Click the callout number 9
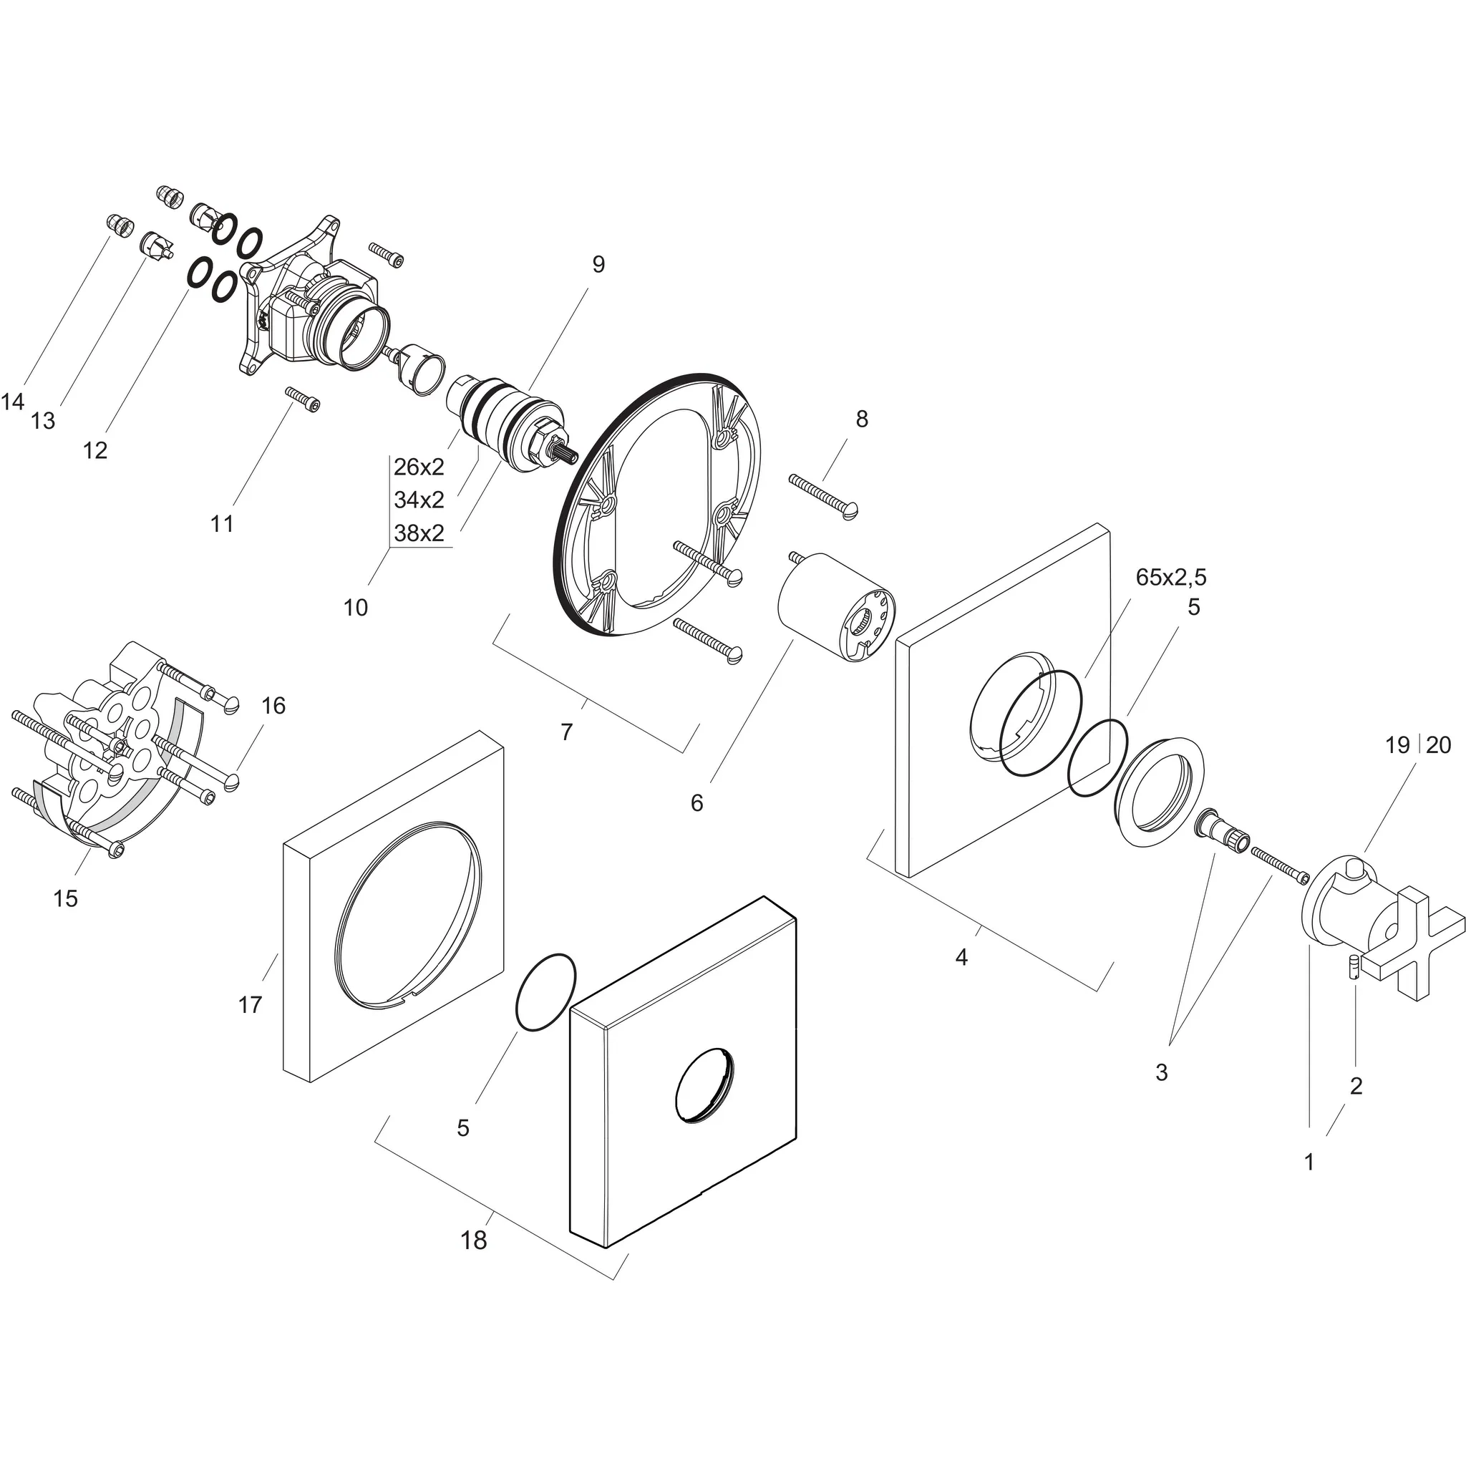coord(598,265)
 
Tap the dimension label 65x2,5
coord(1171,578)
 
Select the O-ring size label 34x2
coord(419,500)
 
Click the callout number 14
coord(13,402)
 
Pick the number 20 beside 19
coord(1438,746)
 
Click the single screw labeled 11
coord(302,399)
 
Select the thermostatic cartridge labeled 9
coord(516,427)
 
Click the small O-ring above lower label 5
coord(545,991)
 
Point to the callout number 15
coord(65,898)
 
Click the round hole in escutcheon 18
coord(706,1084)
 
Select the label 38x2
coord(419,533)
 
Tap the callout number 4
coord(961,958)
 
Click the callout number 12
coord(95,451)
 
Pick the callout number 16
coord(273,706)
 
